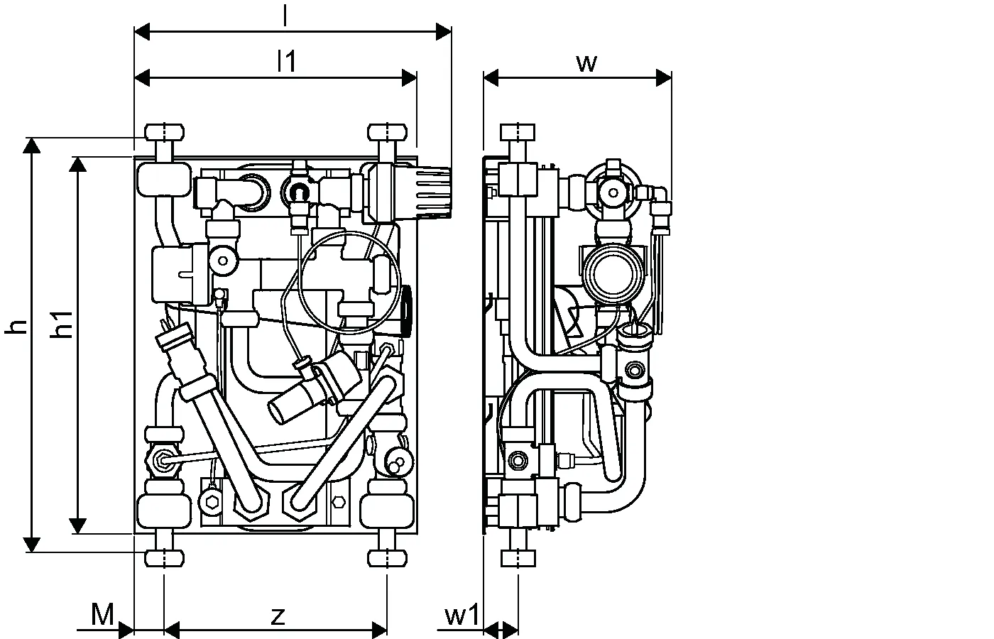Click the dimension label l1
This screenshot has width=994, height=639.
[x=286, y=61]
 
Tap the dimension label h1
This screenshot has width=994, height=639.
[x=62, y=325]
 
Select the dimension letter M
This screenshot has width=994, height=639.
[x=102, y=614]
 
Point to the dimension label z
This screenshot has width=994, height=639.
[x=278, y=616]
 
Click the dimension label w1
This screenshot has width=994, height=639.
[x=462, y=615]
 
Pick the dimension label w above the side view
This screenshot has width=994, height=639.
[x=586, y=63]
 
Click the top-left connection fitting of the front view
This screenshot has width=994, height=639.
[x=164, y=133]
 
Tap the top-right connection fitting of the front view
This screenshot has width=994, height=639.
[x=388, y=133]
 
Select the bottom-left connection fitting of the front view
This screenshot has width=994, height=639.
[x=164, y=558]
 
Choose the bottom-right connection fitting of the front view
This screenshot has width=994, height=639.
[x=388, y=558]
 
